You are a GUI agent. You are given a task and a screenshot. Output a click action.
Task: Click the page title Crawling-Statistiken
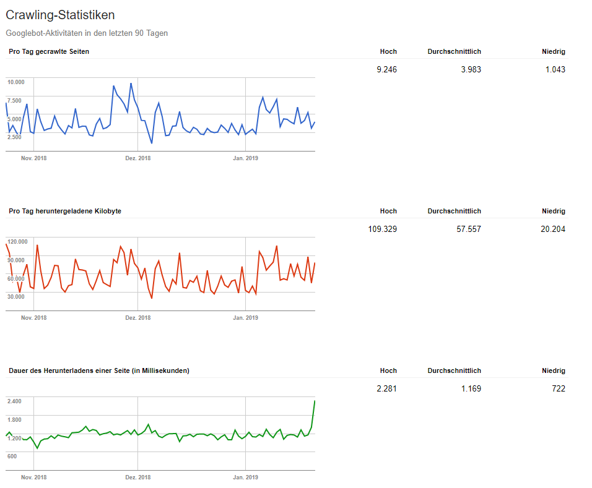click(60, 15)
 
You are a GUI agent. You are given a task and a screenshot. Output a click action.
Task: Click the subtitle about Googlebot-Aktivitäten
click(87, 33)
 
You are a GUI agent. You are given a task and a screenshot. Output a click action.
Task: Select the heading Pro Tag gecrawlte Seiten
click(49, 51)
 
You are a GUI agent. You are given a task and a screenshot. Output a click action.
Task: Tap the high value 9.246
click(386, 69)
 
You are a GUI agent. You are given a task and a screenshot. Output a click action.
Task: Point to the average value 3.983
click(471, 69)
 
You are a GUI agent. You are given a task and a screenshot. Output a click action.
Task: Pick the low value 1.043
click(555, 69)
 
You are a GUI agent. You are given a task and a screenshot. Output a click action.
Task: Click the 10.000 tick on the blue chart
click(16, 82)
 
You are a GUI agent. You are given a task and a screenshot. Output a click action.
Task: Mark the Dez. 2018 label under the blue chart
click(138, 158)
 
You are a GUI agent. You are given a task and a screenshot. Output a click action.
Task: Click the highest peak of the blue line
click(131, 83)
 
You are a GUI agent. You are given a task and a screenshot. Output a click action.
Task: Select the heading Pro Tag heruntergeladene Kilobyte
click(65, 211)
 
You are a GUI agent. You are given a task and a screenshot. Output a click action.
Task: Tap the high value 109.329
click(382, 229)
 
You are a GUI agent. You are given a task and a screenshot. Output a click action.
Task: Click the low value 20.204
click(553, 229)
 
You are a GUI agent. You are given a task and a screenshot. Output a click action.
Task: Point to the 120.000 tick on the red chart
click(17, 242)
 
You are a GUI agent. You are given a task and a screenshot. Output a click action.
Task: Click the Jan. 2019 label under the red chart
click(245, 318)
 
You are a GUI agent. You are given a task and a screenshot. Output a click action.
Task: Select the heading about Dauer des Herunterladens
click(99, 370)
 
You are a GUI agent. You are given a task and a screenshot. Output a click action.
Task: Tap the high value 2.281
click(386, 388)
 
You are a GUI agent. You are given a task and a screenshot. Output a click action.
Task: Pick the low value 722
click(559, 388)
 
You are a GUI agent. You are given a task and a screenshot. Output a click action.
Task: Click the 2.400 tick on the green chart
click(15, 401)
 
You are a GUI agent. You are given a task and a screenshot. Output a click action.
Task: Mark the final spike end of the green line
click(315, 401)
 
